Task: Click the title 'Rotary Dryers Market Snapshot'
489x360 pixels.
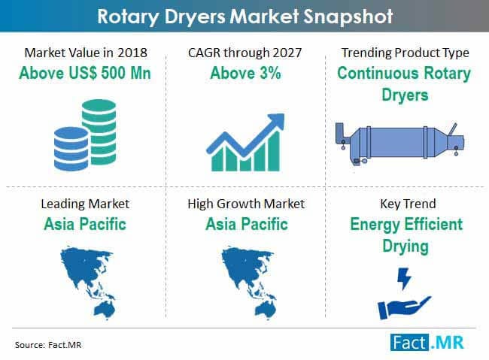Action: tap(244, 16)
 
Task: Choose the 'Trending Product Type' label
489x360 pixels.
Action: tap(404, 53)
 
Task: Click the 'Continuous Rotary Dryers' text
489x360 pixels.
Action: tap(404, 84)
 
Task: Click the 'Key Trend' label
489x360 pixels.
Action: tap(404, 204)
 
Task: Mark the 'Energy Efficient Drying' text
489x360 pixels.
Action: tap(404, 235)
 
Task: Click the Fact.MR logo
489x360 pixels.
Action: tap(428, 342)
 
